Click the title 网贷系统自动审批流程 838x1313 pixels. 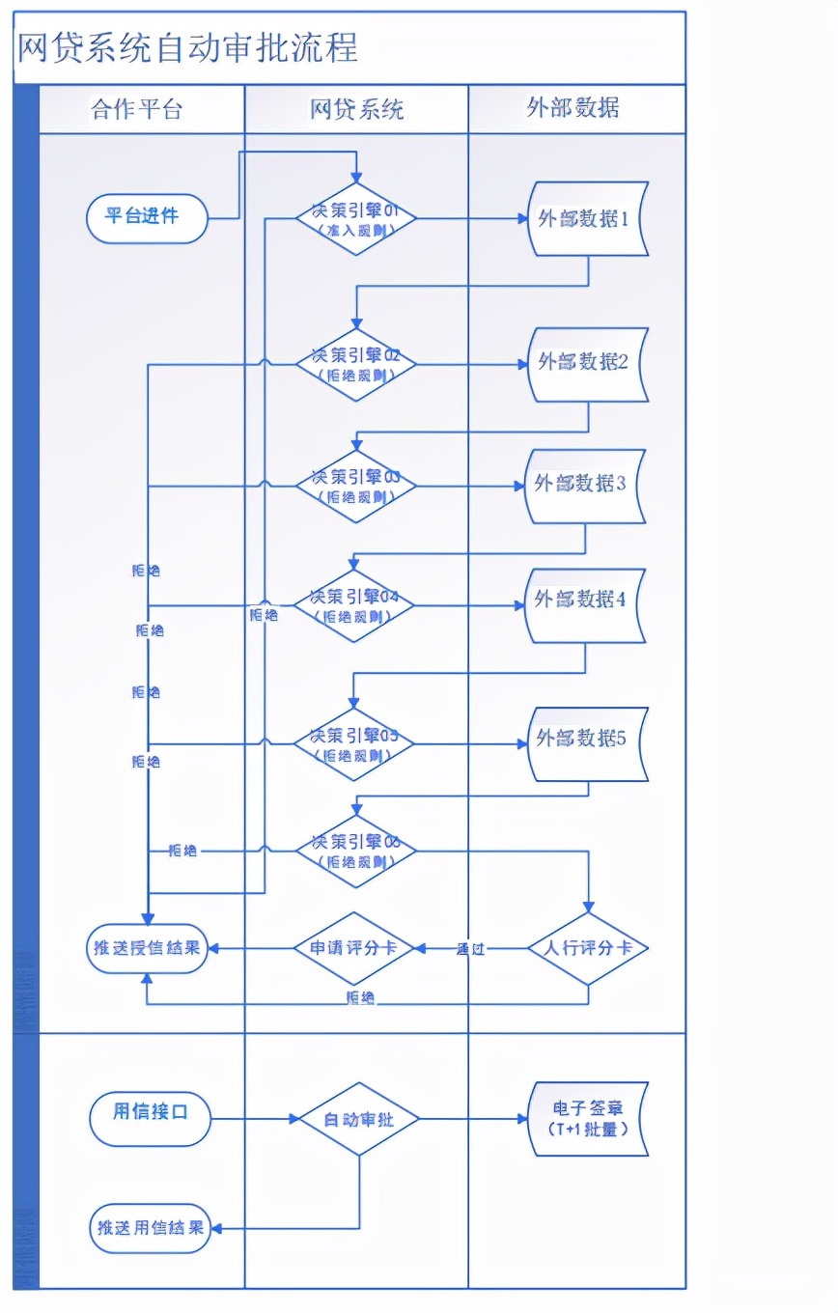coord(187,46)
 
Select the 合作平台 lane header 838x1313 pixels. coord(136,109)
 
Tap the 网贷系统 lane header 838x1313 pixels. coord(356,109)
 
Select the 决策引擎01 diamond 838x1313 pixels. coord(355,219)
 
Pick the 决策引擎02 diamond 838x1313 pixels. coord(355,364)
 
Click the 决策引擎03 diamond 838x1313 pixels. coord(355,486)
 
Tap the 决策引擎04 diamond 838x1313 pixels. coord(354,606)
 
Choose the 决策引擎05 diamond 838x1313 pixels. coord(354,744)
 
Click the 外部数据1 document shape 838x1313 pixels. coord(587,219)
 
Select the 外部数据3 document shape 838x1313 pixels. coord(584,486)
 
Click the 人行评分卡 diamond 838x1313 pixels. coord(587,948)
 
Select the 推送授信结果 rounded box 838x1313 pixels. coord(146,948)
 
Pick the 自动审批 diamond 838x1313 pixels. coord(358,1120)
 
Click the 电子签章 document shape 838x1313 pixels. coord(587,1119)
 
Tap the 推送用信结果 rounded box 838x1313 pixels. coord(151,1228)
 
